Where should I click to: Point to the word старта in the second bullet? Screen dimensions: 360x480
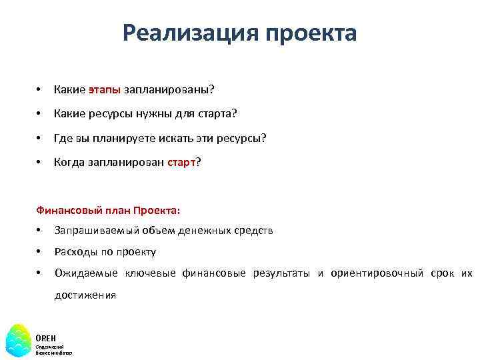[x=217, y=114]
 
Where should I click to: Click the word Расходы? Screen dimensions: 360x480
[x=74, y=252]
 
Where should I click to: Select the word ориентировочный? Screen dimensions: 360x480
[x=377, y=273]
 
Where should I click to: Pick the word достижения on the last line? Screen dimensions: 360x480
[x=85, y=295]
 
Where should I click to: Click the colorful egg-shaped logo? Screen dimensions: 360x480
[x=18, y=340]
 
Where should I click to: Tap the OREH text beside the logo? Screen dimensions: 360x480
[x=45, y=339]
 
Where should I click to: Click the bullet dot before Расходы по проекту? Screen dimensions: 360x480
[x=40, y=252]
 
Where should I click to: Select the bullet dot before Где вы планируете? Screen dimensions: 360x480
[x=40, y=138]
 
